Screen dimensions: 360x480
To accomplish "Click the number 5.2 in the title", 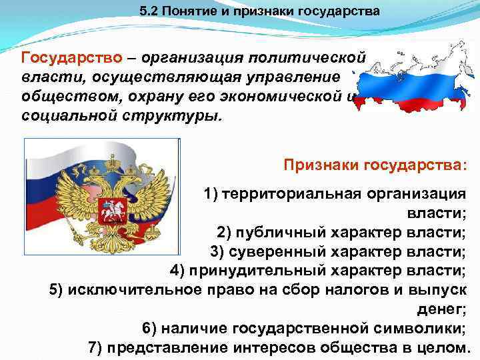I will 149,11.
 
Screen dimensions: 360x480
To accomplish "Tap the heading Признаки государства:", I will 375,165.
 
